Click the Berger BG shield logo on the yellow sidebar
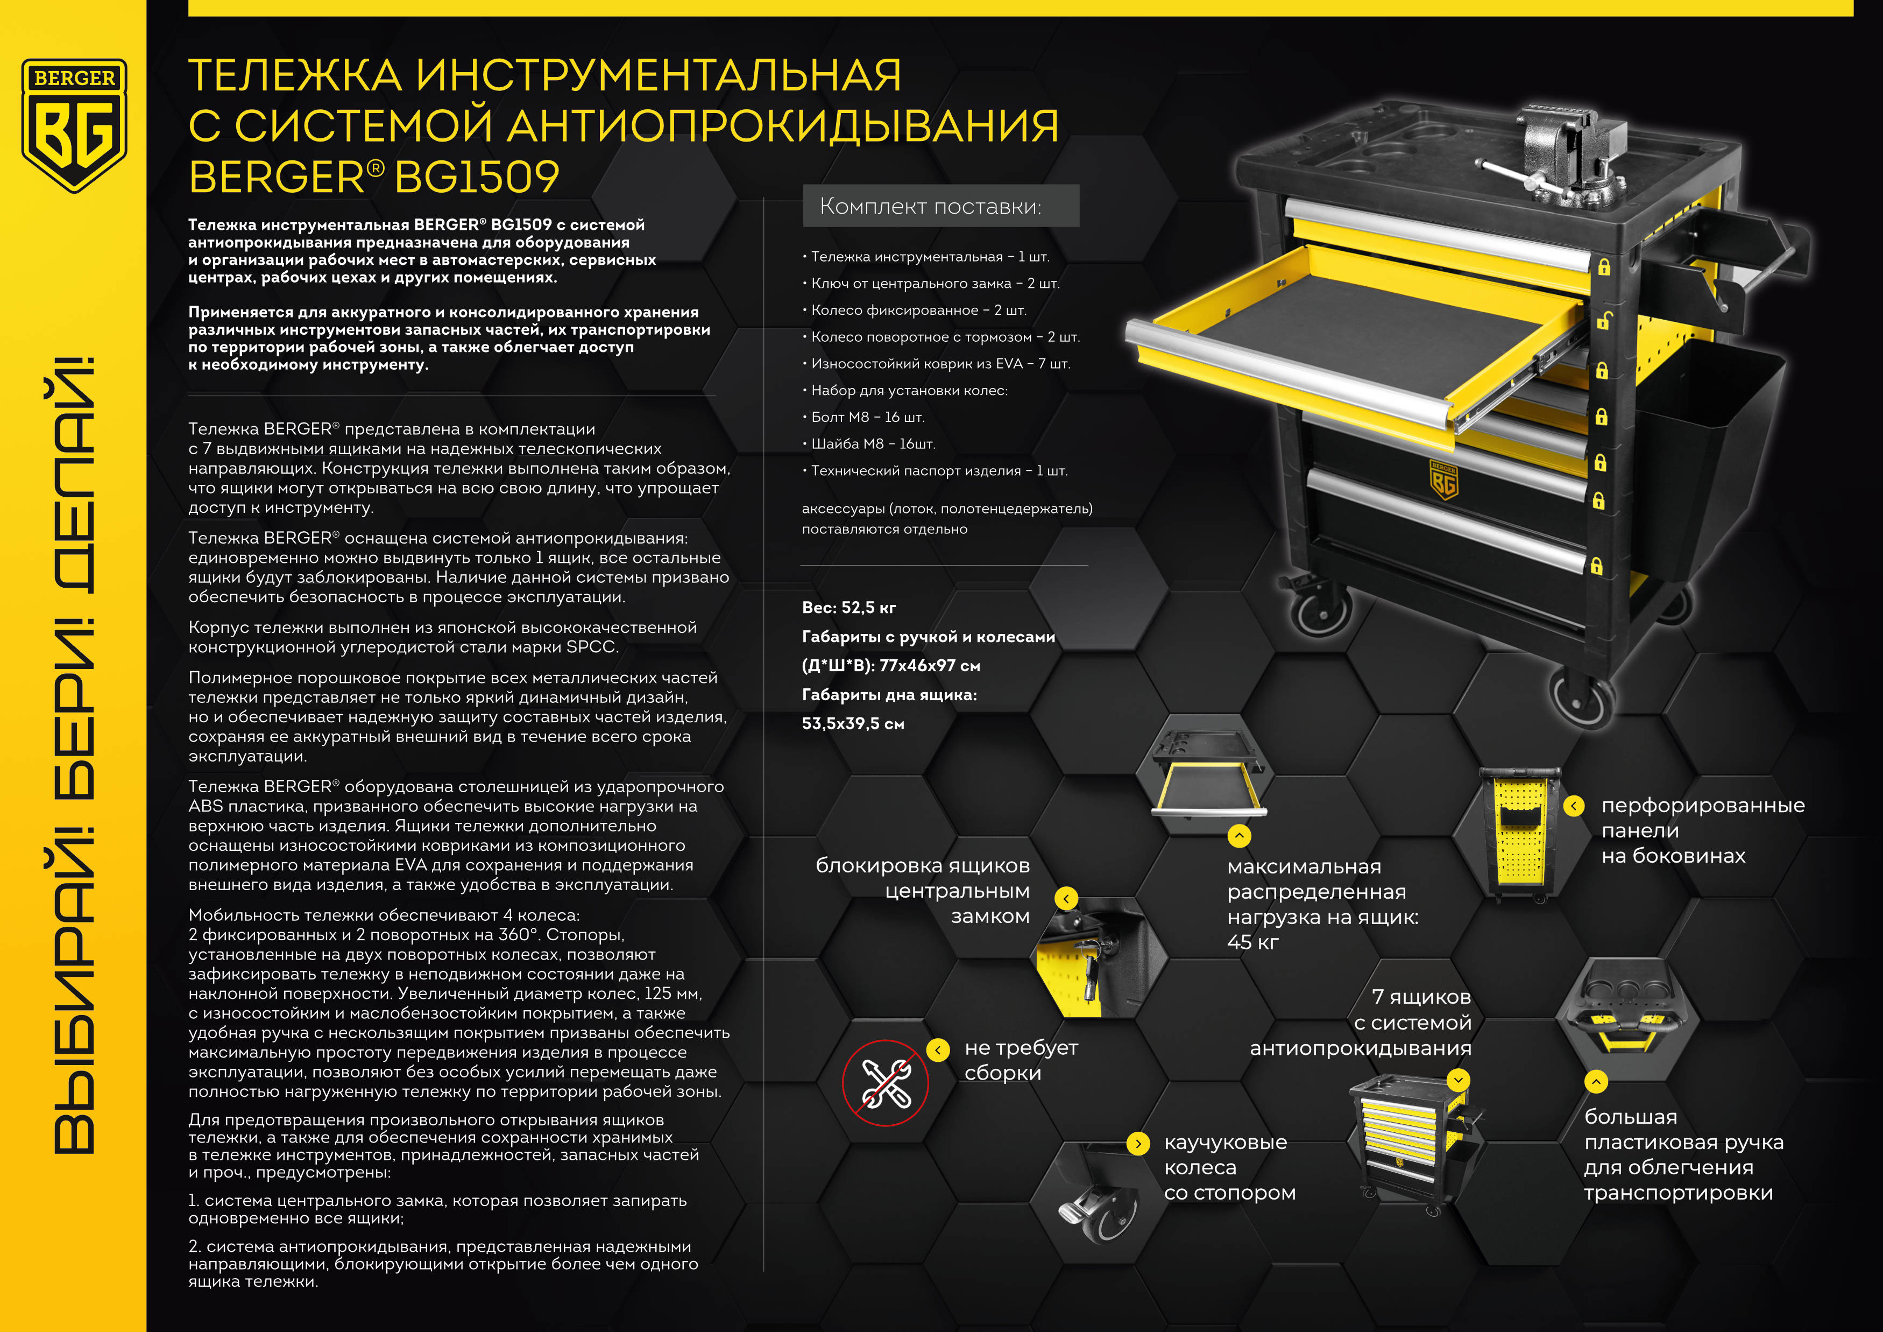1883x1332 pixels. (74, 125)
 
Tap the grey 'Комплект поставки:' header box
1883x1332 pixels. (940, 206)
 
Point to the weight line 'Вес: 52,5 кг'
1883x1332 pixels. (849, 608)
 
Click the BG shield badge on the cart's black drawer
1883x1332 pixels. (1444, 480)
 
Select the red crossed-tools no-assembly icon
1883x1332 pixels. (885, 1083)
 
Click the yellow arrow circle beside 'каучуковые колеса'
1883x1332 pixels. (1137, 1143)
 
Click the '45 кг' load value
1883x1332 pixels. (1252, 942)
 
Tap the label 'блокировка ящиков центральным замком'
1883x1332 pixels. (923, 891)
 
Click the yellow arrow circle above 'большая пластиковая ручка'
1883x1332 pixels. (1595, 1082)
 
